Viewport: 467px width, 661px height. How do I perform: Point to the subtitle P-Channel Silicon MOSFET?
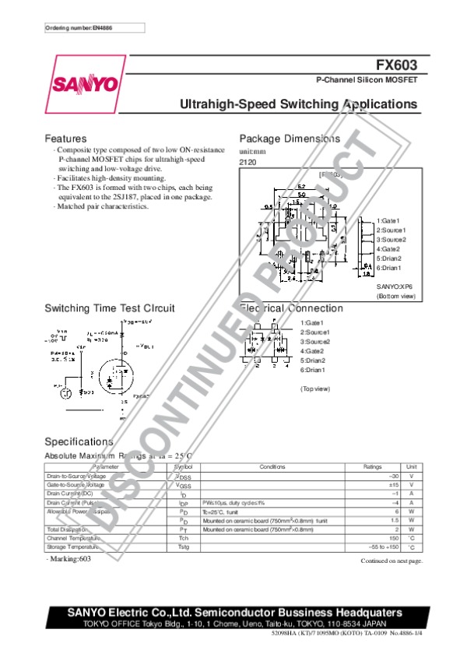[x=366, y=80]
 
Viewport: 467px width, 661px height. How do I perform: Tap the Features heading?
[x=65, y=139]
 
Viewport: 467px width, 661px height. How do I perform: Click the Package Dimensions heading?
[x=289, y=139]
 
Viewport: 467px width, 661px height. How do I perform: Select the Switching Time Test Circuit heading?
[x=110, y=308]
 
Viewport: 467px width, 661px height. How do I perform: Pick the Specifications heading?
[x=79, y=441]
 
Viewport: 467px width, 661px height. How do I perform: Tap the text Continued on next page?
[x=391, y=561]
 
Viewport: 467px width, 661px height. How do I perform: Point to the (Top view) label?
[x=315, y=388]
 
